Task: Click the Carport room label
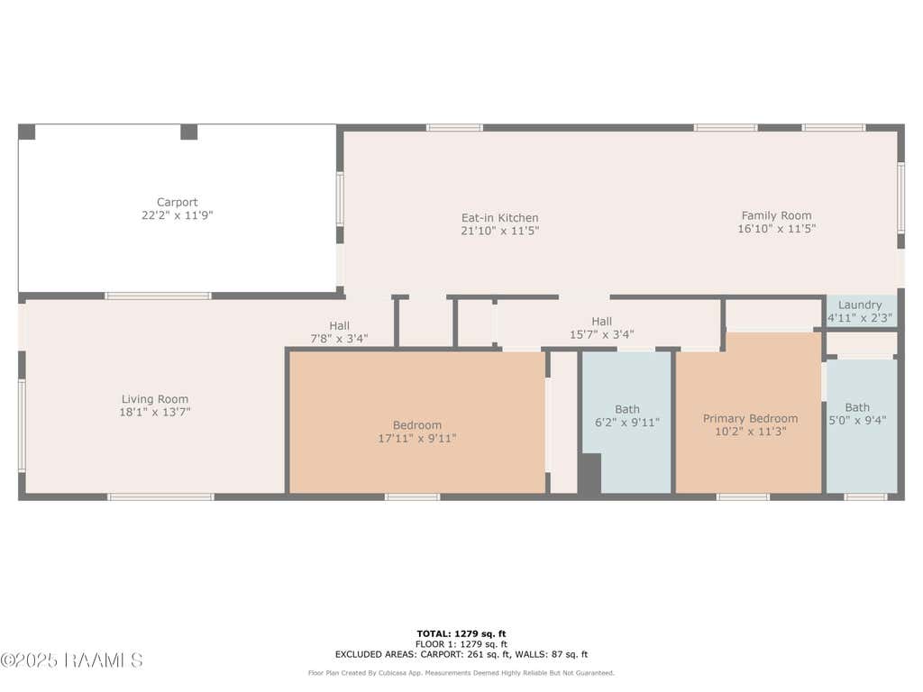coord(178,203)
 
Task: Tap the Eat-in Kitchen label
coord(499,218)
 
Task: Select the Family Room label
coord(776,216)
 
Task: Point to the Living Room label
coord(155,399)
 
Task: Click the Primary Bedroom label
coord(751,418)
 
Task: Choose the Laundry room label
coord(860,305)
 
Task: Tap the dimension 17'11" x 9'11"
coord(416,439)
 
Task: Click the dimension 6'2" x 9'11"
coord(627,423)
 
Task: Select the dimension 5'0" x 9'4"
coord(858,420)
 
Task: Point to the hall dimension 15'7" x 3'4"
coord(601,334)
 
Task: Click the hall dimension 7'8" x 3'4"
coord(339,339)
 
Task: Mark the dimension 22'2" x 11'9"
coord(178,215)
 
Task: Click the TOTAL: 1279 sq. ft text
coord(461,633)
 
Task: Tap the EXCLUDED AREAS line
coord(461,654)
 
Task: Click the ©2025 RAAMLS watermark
coord(71,660)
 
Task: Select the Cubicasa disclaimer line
coord(461,673)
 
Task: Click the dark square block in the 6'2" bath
coord(589,473)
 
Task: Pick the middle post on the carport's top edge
coord(188,132)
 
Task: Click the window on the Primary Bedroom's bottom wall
coord(743,497)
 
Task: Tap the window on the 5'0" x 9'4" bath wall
coord(865,497)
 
